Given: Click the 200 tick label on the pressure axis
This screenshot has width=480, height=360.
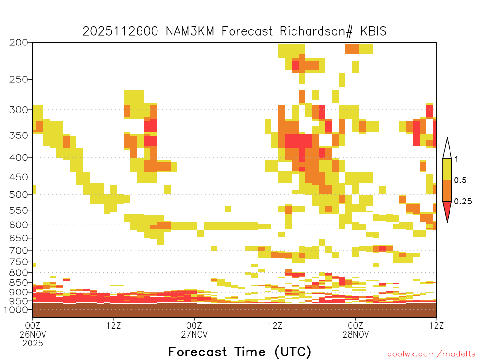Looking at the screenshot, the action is click(19, 43).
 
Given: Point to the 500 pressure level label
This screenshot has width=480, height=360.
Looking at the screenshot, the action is click(19, 195).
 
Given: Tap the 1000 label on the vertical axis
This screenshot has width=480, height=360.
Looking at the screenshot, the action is click(16, 310).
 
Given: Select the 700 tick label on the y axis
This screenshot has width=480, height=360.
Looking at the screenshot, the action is click(19, 251).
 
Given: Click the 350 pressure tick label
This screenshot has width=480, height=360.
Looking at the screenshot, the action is click(19, 135).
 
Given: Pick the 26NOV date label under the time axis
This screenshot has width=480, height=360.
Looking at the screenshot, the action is click(33, 334).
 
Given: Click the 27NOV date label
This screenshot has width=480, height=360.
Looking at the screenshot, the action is click(195, 334).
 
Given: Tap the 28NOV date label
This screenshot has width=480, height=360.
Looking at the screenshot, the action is click(356, 334).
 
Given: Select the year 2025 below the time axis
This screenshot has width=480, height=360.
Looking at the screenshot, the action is click(33, 344).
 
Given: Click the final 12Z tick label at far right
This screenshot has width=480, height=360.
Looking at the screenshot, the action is click(436, 325).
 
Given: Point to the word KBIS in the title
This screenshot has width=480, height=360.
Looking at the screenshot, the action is click(373, 31).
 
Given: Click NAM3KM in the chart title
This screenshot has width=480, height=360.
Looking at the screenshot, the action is click(190, 31).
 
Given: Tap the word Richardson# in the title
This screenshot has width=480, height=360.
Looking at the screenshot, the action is click(316, 31).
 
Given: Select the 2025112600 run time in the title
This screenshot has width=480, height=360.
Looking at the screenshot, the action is click(120, 31).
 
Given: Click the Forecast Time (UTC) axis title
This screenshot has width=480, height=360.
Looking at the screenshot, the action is click(240, 352).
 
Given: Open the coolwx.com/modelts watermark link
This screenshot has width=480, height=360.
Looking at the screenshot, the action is click(431, 354).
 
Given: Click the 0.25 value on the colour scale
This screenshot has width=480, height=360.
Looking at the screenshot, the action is click(463, 202).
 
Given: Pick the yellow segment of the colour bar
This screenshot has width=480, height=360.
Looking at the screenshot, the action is click(447, 169).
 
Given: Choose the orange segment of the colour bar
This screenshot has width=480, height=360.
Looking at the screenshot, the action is click(447, 190).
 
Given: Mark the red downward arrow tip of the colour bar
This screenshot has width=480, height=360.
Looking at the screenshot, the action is click(447, 222).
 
